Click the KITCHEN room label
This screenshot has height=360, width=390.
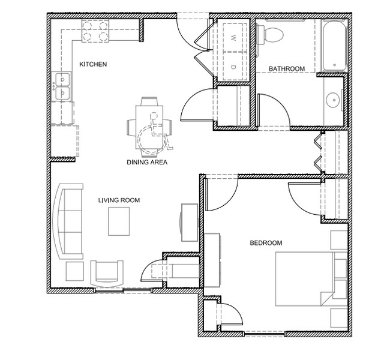coord(93,64)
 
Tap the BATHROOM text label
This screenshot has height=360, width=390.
coord(287,68)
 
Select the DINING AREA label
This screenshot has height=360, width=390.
coord(147,162)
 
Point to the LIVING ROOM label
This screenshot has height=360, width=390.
coord(119,200)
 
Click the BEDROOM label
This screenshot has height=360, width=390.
coord(266,243)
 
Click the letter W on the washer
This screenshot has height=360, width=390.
coord(233,38)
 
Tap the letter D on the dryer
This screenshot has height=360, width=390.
coord(233,67)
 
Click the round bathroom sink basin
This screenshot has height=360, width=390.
coord(332,100)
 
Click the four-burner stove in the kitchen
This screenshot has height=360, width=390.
coord(95,31)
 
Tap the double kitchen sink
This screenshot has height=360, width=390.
coord(62,86)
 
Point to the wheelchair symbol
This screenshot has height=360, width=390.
coord(155,133)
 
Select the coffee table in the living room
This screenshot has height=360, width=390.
coord(119,221)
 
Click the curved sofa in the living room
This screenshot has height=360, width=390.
coord(68,221)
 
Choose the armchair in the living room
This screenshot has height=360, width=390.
coord(107,274)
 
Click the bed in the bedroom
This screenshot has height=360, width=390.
coord(311,279)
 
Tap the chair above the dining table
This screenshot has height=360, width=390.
coord(149,101)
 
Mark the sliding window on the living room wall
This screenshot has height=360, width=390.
coord(124,290)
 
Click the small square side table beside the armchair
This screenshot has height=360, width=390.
coord(74,271)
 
